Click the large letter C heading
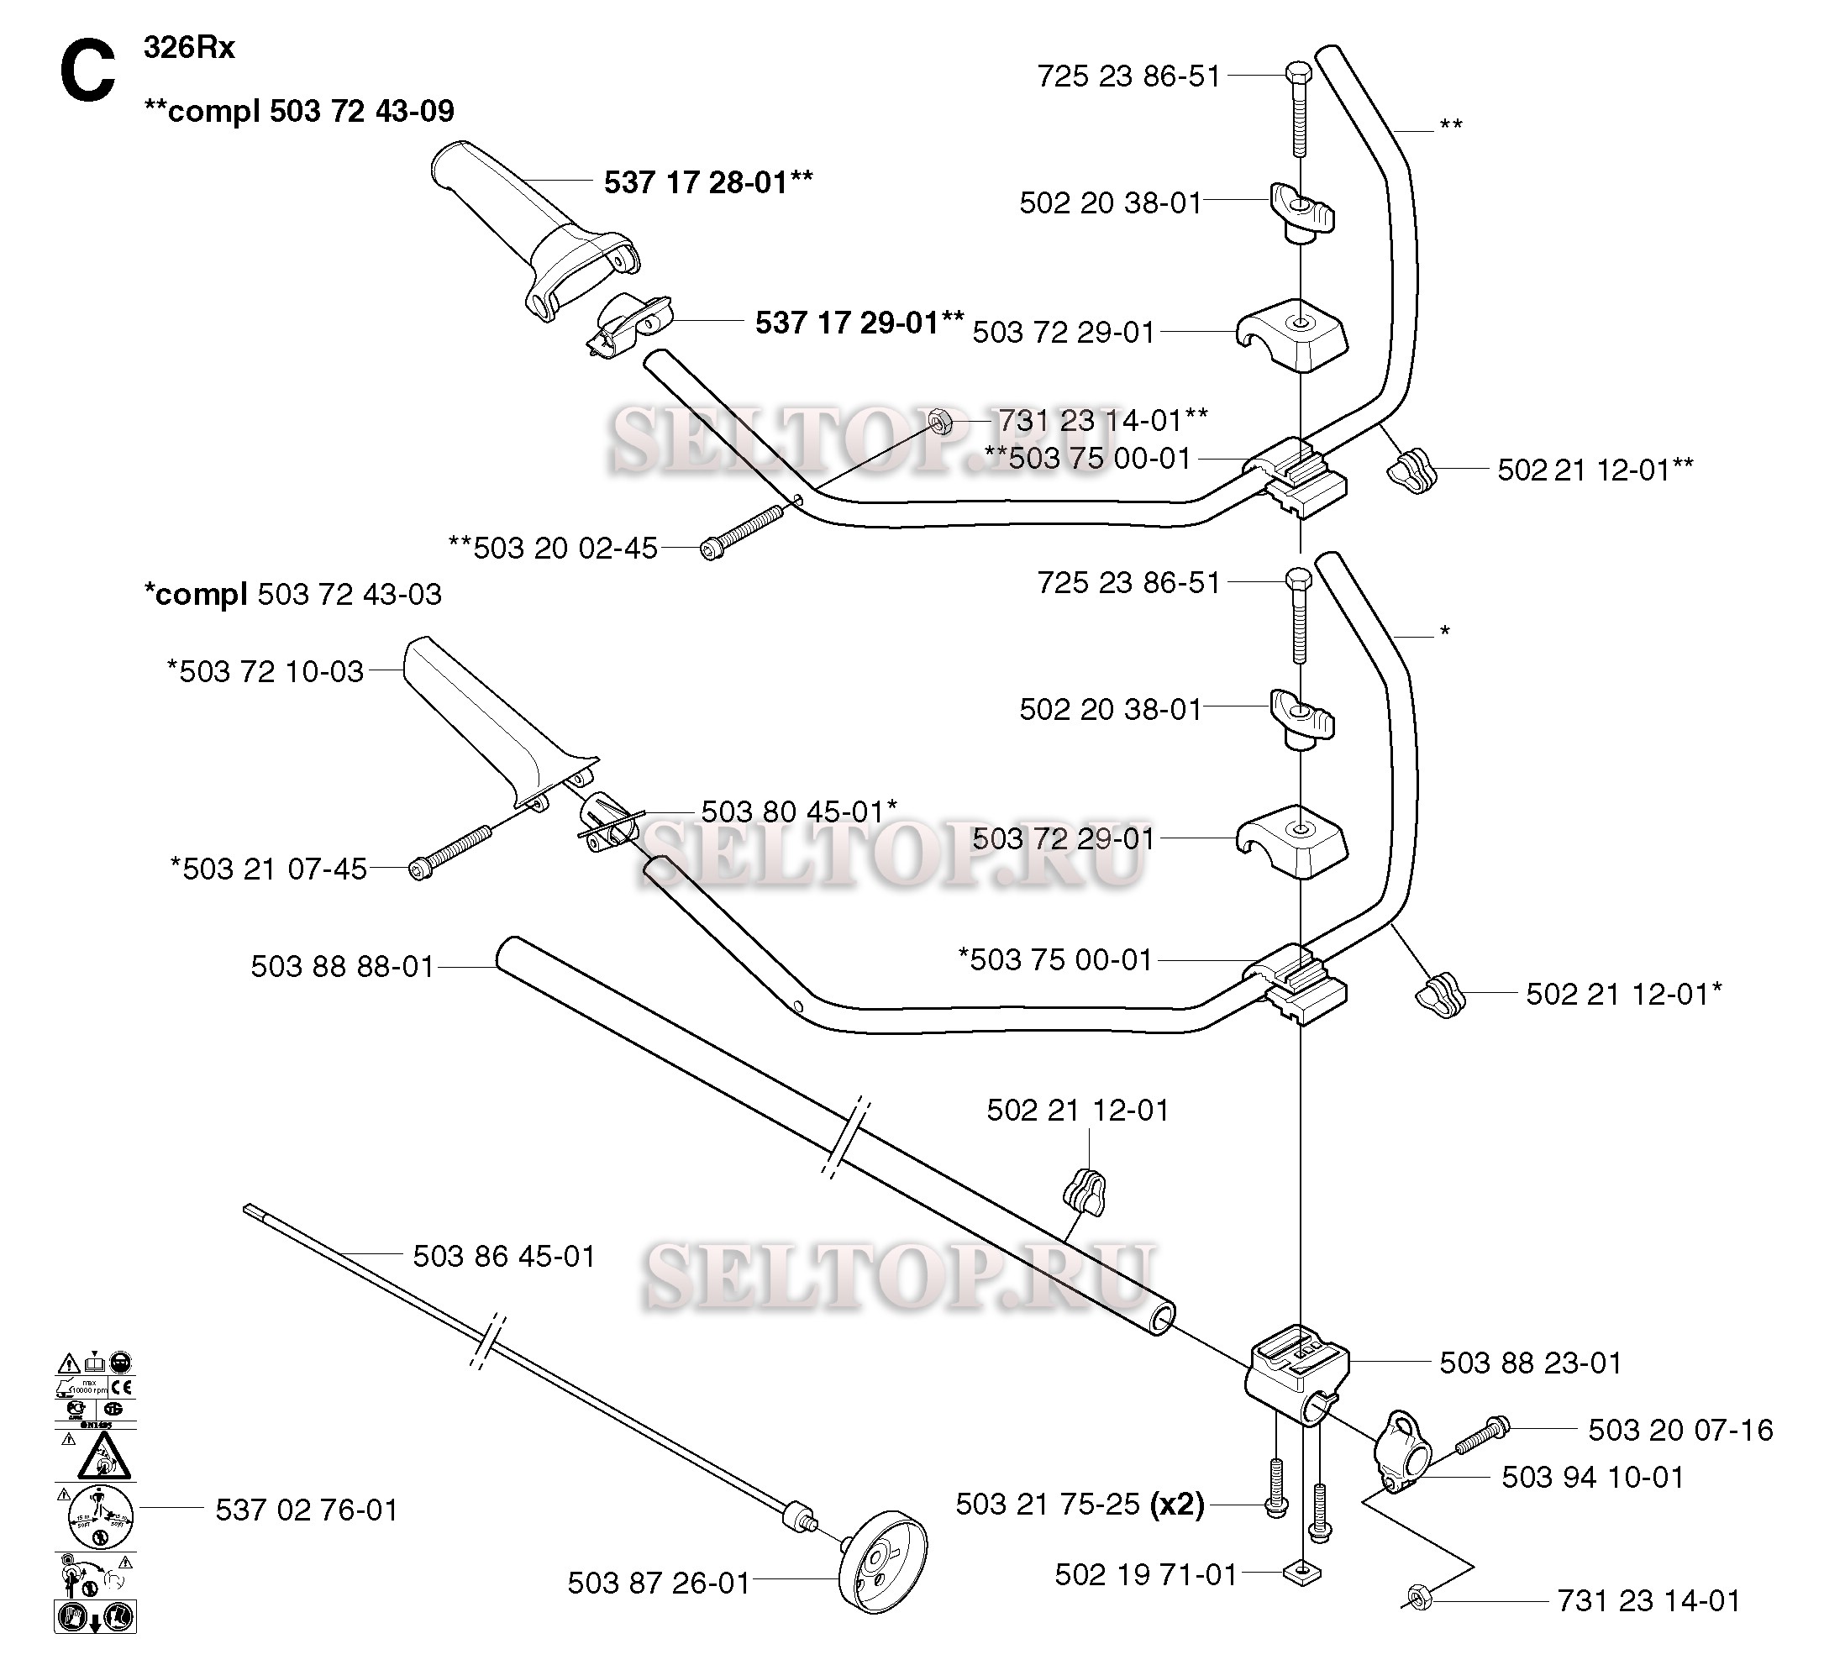click(x=87, y=72)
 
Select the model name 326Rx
click(x=189, y=48)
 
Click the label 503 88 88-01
click(x=343, y=966)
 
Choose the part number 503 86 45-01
click(x=504, y=1256)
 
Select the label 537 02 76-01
click(x=307, y=1510)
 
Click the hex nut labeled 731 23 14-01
click(x=1417, y=1621)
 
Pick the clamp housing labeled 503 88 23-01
click(x=1297, y=1376)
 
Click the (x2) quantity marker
click(x=1176, y=1504)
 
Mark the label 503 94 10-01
click(x=1592, y=1477)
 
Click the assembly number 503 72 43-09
click(x=362, y=111)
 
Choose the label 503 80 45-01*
click(x=799, y=811)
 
